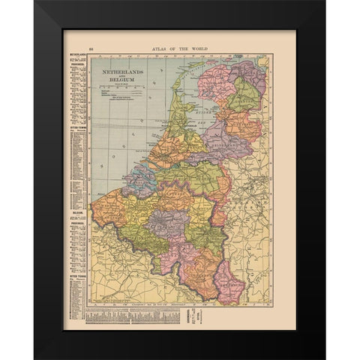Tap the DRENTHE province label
click(x=242, y=97)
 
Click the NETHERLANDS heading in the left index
click(x=75, y=55)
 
